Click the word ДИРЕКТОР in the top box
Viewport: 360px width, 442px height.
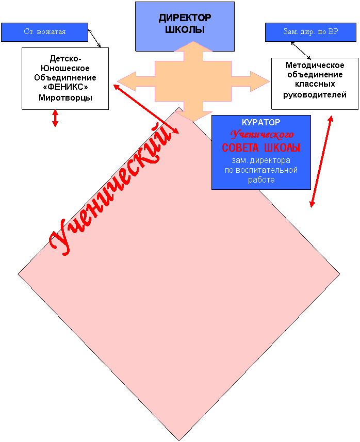185,18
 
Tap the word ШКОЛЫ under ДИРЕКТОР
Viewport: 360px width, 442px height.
185,29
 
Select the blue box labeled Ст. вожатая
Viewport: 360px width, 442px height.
44,32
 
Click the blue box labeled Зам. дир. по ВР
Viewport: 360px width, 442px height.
310,32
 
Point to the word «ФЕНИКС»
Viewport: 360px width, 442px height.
65,87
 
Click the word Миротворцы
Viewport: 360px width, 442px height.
65,98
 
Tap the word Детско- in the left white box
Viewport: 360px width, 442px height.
65,59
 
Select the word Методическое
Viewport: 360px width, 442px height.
315,66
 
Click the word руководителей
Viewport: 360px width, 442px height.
315,95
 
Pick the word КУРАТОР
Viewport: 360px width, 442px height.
261,122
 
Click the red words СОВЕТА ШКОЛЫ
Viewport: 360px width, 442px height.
261,148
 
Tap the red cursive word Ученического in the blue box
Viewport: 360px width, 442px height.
262,135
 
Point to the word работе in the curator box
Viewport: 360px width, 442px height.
261,180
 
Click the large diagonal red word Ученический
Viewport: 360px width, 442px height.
111,189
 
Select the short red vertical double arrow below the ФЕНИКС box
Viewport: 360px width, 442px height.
55,118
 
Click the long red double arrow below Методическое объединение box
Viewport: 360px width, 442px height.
321,161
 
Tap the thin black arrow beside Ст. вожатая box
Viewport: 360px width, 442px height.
94,38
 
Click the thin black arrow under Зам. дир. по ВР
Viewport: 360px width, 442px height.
301,51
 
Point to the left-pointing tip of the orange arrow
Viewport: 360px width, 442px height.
117,81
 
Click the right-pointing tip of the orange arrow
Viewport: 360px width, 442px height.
270,81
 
